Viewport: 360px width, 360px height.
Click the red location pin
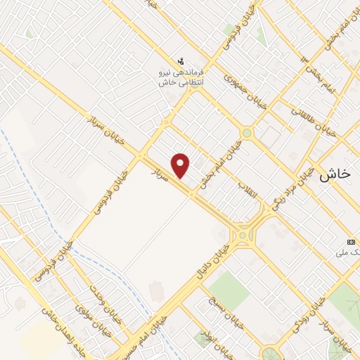[x=181, y=165]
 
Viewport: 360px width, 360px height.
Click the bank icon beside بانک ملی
[x=352, y=242]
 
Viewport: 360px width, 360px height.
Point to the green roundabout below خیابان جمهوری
[x=247, y=132]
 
